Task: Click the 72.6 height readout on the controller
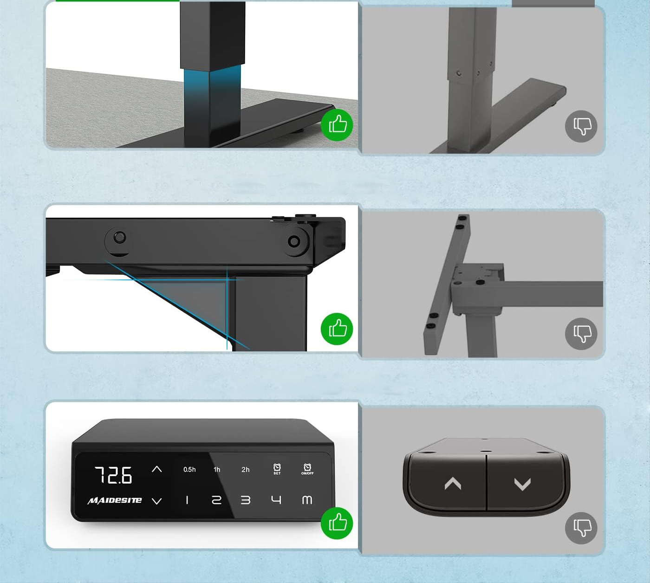113,475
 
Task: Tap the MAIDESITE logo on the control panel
115,500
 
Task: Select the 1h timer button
217,469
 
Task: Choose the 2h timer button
246,469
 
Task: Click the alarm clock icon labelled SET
277,469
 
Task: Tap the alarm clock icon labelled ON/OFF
307,469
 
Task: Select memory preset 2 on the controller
216,500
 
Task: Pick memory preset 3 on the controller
246,500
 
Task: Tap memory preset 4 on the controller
276,500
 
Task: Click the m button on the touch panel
307,500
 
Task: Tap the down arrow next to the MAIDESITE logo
156,501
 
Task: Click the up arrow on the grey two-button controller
453,483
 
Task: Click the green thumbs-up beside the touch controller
337,523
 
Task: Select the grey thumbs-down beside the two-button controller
581,528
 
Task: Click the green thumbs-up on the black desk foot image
337,125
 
